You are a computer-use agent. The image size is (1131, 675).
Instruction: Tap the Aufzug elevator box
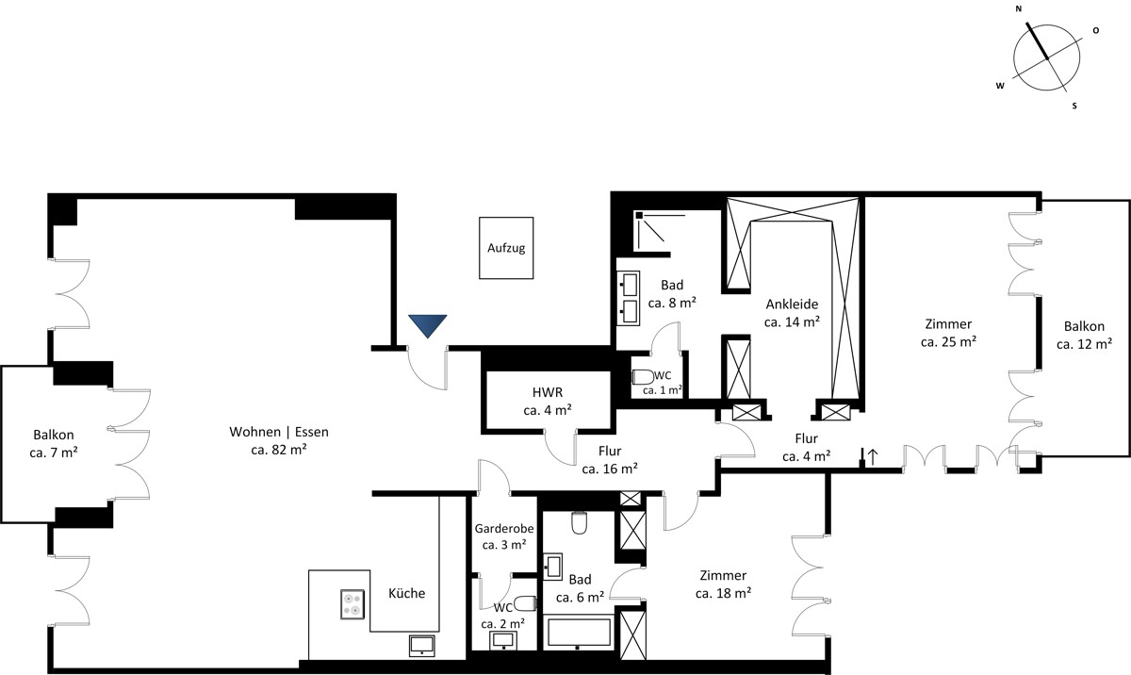506,248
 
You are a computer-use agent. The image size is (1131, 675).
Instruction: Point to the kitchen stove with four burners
352,604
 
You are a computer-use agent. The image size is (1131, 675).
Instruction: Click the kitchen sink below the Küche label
421,646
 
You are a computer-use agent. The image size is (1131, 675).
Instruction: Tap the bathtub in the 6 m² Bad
578,631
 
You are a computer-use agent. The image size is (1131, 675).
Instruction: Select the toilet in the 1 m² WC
643,377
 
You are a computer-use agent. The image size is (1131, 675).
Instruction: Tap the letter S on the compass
1074,106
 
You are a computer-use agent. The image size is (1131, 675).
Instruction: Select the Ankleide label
792,304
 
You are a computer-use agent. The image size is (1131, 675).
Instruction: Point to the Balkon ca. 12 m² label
1084,335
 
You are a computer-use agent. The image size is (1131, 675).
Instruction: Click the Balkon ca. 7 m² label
54,443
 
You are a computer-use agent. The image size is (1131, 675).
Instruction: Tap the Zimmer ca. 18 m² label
723,584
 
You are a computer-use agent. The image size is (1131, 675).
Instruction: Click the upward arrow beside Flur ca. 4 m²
872,456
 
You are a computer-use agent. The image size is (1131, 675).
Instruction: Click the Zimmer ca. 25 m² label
948,333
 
